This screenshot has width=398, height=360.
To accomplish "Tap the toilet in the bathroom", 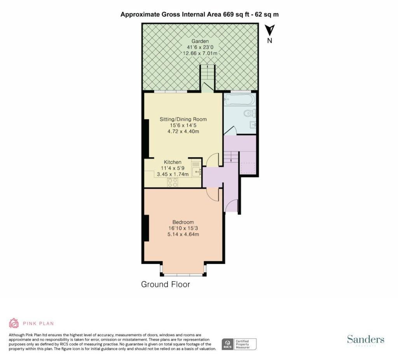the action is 250,113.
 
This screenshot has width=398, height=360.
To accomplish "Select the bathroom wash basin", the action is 253,125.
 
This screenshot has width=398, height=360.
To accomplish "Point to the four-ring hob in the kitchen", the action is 173,182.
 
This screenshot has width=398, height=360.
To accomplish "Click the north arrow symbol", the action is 270,30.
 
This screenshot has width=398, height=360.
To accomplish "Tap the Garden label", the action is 200,41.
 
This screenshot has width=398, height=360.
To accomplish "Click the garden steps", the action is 208,73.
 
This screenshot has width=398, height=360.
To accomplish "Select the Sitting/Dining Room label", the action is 183,119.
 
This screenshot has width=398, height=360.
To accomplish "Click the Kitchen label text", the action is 173,162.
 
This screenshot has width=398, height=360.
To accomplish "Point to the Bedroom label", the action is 183,222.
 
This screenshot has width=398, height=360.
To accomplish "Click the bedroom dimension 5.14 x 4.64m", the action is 183,235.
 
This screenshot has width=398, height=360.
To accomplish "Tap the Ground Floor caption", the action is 166,284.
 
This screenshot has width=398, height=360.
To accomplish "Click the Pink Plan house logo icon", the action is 14,323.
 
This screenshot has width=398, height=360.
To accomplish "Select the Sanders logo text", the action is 365,339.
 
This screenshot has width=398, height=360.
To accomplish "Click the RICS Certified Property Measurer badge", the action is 239,344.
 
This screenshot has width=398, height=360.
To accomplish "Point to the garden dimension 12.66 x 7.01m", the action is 200,53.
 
